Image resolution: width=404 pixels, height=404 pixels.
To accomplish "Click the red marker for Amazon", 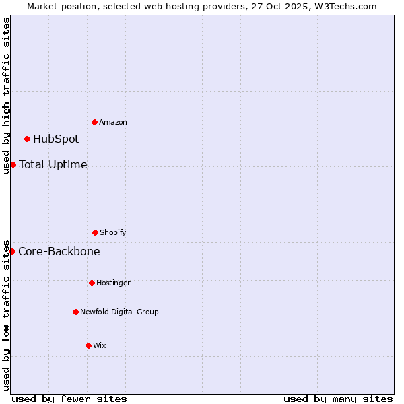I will (x=94, y=122).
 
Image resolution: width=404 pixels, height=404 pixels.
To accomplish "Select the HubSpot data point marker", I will (x=27, y=139).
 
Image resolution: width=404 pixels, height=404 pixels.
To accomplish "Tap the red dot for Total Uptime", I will (x=13, y=164).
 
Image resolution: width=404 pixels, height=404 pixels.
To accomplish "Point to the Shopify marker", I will (x=95, y=232).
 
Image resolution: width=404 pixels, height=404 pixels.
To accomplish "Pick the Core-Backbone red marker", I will (x=12, y=251).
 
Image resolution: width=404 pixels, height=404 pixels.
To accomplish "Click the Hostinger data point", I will (x=92, y=283).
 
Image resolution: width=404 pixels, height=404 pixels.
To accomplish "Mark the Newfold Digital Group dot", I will (x=75, y=312).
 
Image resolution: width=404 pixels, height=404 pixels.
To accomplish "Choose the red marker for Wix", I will (x=88, y=345).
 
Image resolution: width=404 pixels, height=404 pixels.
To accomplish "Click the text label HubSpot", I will (x=56, y=139).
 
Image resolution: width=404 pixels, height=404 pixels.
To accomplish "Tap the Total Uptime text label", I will (x=53, y=164).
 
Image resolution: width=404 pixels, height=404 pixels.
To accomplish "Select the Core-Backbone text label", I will (x=59, y=251).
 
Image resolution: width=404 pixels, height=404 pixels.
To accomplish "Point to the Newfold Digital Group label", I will (x=119, y=312).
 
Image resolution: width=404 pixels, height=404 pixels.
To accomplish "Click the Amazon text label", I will (x=113, y=122).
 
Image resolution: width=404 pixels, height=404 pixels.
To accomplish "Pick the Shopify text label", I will (x=113, y=232).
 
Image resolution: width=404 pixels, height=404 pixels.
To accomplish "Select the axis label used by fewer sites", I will (x=69, y=399).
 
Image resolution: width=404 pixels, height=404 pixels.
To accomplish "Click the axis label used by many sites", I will (x=338, y=399).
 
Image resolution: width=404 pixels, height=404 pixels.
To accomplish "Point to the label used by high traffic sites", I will (x=6, y=96).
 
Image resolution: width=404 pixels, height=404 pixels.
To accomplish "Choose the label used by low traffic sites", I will (x=6, y=314).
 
